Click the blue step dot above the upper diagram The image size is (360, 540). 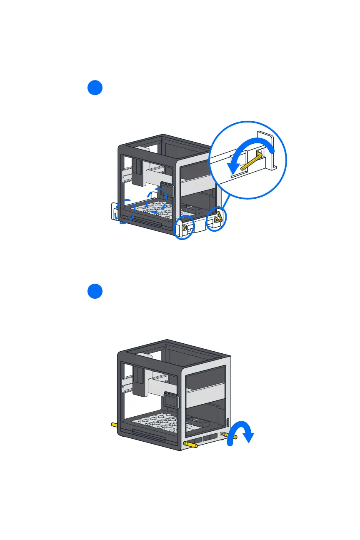pyautogui.click(x=95, y=88)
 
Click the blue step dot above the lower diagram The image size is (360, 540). pyautogui.click(x=95, y=291)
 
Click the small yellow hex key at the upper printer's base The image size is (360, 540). pyautogui.click(x=219, y=216)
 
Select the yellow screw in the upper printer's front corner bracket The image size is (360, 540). pyautogui.click(x=185, y=228)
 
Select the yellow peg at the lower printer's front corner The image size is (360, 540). pyautogui.click(x=190, y=445)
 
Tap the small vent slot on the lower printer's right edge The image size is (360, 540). pyautogui.click(x=227, y=422)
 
